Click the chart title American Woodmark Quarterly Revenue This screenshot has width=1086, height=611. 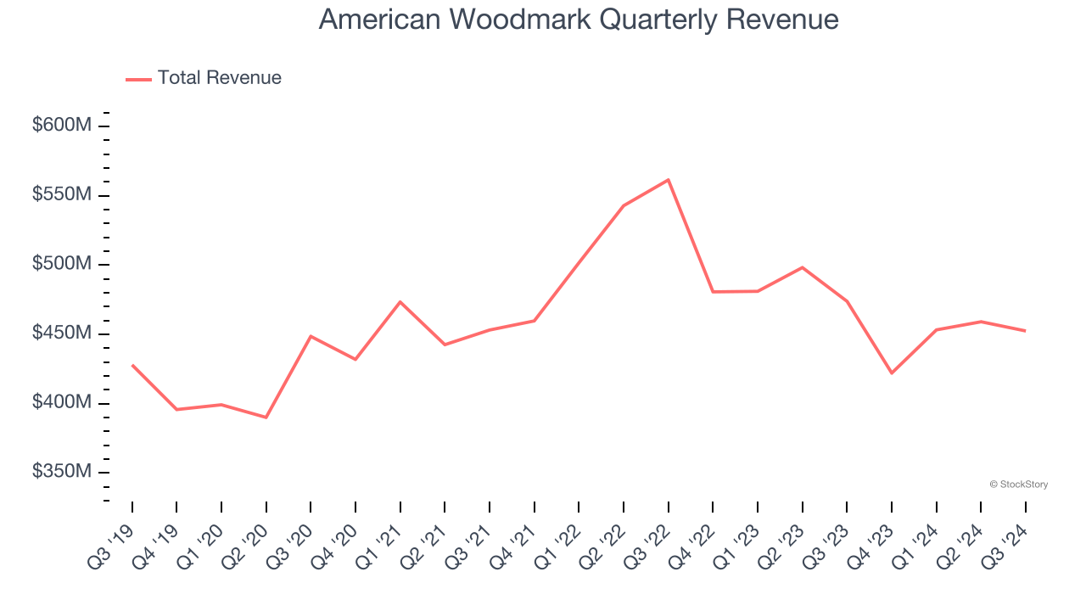coord(579,20)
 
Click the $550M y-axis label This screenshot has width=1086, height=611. coord(62,195)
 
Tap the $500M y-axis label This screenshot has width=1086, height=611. coord(62,264)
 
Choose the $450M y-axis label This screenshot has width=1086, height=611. coord(62,334)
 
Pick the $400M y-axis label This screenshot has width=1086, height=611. coord(62,402)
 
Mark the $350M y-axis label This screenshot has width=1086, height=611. coord(62,472)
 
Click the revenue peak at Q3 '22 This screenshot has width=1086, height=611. coord(669,180)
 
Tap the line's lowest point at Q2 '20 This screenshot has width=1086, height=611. coord(266,418)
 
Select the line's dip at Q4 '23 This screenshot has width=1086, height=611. coord(892,373)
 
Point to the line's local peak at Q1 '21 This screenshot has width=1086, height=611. coord(400,302)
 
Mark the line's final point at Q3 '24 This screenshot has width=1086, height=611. coord(1025,331)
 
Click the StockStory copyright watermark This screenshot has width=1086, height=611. coord(1018,485)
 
